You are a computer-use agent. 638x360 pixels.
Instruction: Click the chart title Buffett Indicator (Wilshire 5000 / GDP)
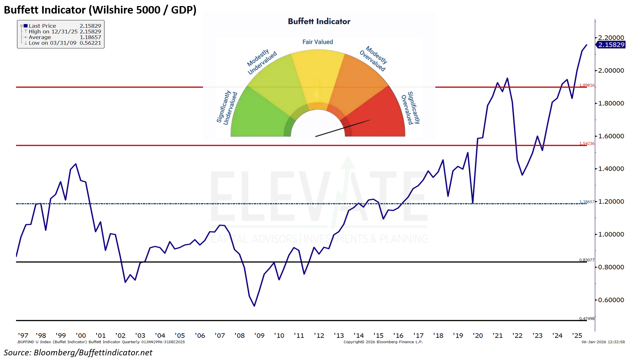click(x=100, y=10)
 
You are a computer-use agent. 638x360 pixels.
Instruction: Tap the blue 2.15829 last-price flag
click(x=611, y=45)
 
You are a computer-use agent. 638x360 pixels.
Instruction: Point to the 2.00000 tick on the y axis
click(x=611, y=71)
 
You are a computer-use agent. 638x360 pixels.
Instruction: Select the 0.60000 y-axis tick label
click(x=611, y=300)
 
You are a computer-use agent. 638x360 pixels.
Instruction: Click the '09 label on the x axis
click(x=259, y=335)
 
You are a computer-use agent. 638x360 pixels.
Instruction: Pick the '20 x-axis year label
click(x=478, y=335)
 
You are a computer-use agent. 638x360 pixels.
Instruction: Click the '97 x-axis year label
click(x=23, y=335)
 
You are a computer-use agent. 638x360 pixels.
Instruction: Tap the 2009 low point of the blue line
click(x=254, y=306)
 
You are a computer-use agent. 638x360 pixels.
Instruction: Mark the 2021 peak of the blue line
click(x=507, y=78)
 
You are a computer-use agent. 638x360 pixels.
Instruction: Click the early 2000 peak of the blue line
click(x=76, y=164)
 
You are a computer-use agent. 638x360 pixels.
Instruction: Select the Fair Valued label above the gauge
click(x=317, y=42)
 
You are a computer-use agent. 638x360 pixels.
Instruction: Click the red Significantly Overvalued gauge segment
click(x=378, y=114)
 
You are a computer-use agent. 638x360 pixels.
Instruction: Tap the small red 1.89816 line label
click(x=587, y=85)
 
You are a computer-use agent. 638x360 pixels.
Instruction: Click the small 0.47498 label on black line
click(x=587, y=319)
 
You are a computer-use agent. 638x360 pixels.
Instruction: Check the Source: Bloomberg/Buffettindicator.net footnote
click(x=78, y=353)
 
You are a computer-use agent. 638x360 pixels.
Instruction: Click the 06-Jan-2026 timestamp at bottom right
click(x=603, y=342)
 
